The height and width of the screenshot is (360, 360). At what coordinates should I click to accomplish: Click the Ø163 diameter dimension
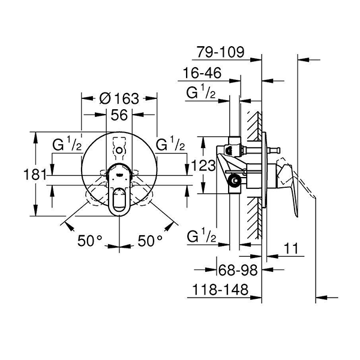[119, 98]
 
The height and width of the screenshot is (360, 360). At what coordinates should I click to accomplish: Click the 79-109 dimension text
[220, 52]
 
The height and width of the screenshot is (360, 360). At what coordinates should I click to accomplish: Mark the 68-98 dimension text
[237, 271]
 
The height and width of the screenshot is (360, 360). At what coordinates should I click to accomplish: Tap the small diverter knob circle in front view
[119, 148]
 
